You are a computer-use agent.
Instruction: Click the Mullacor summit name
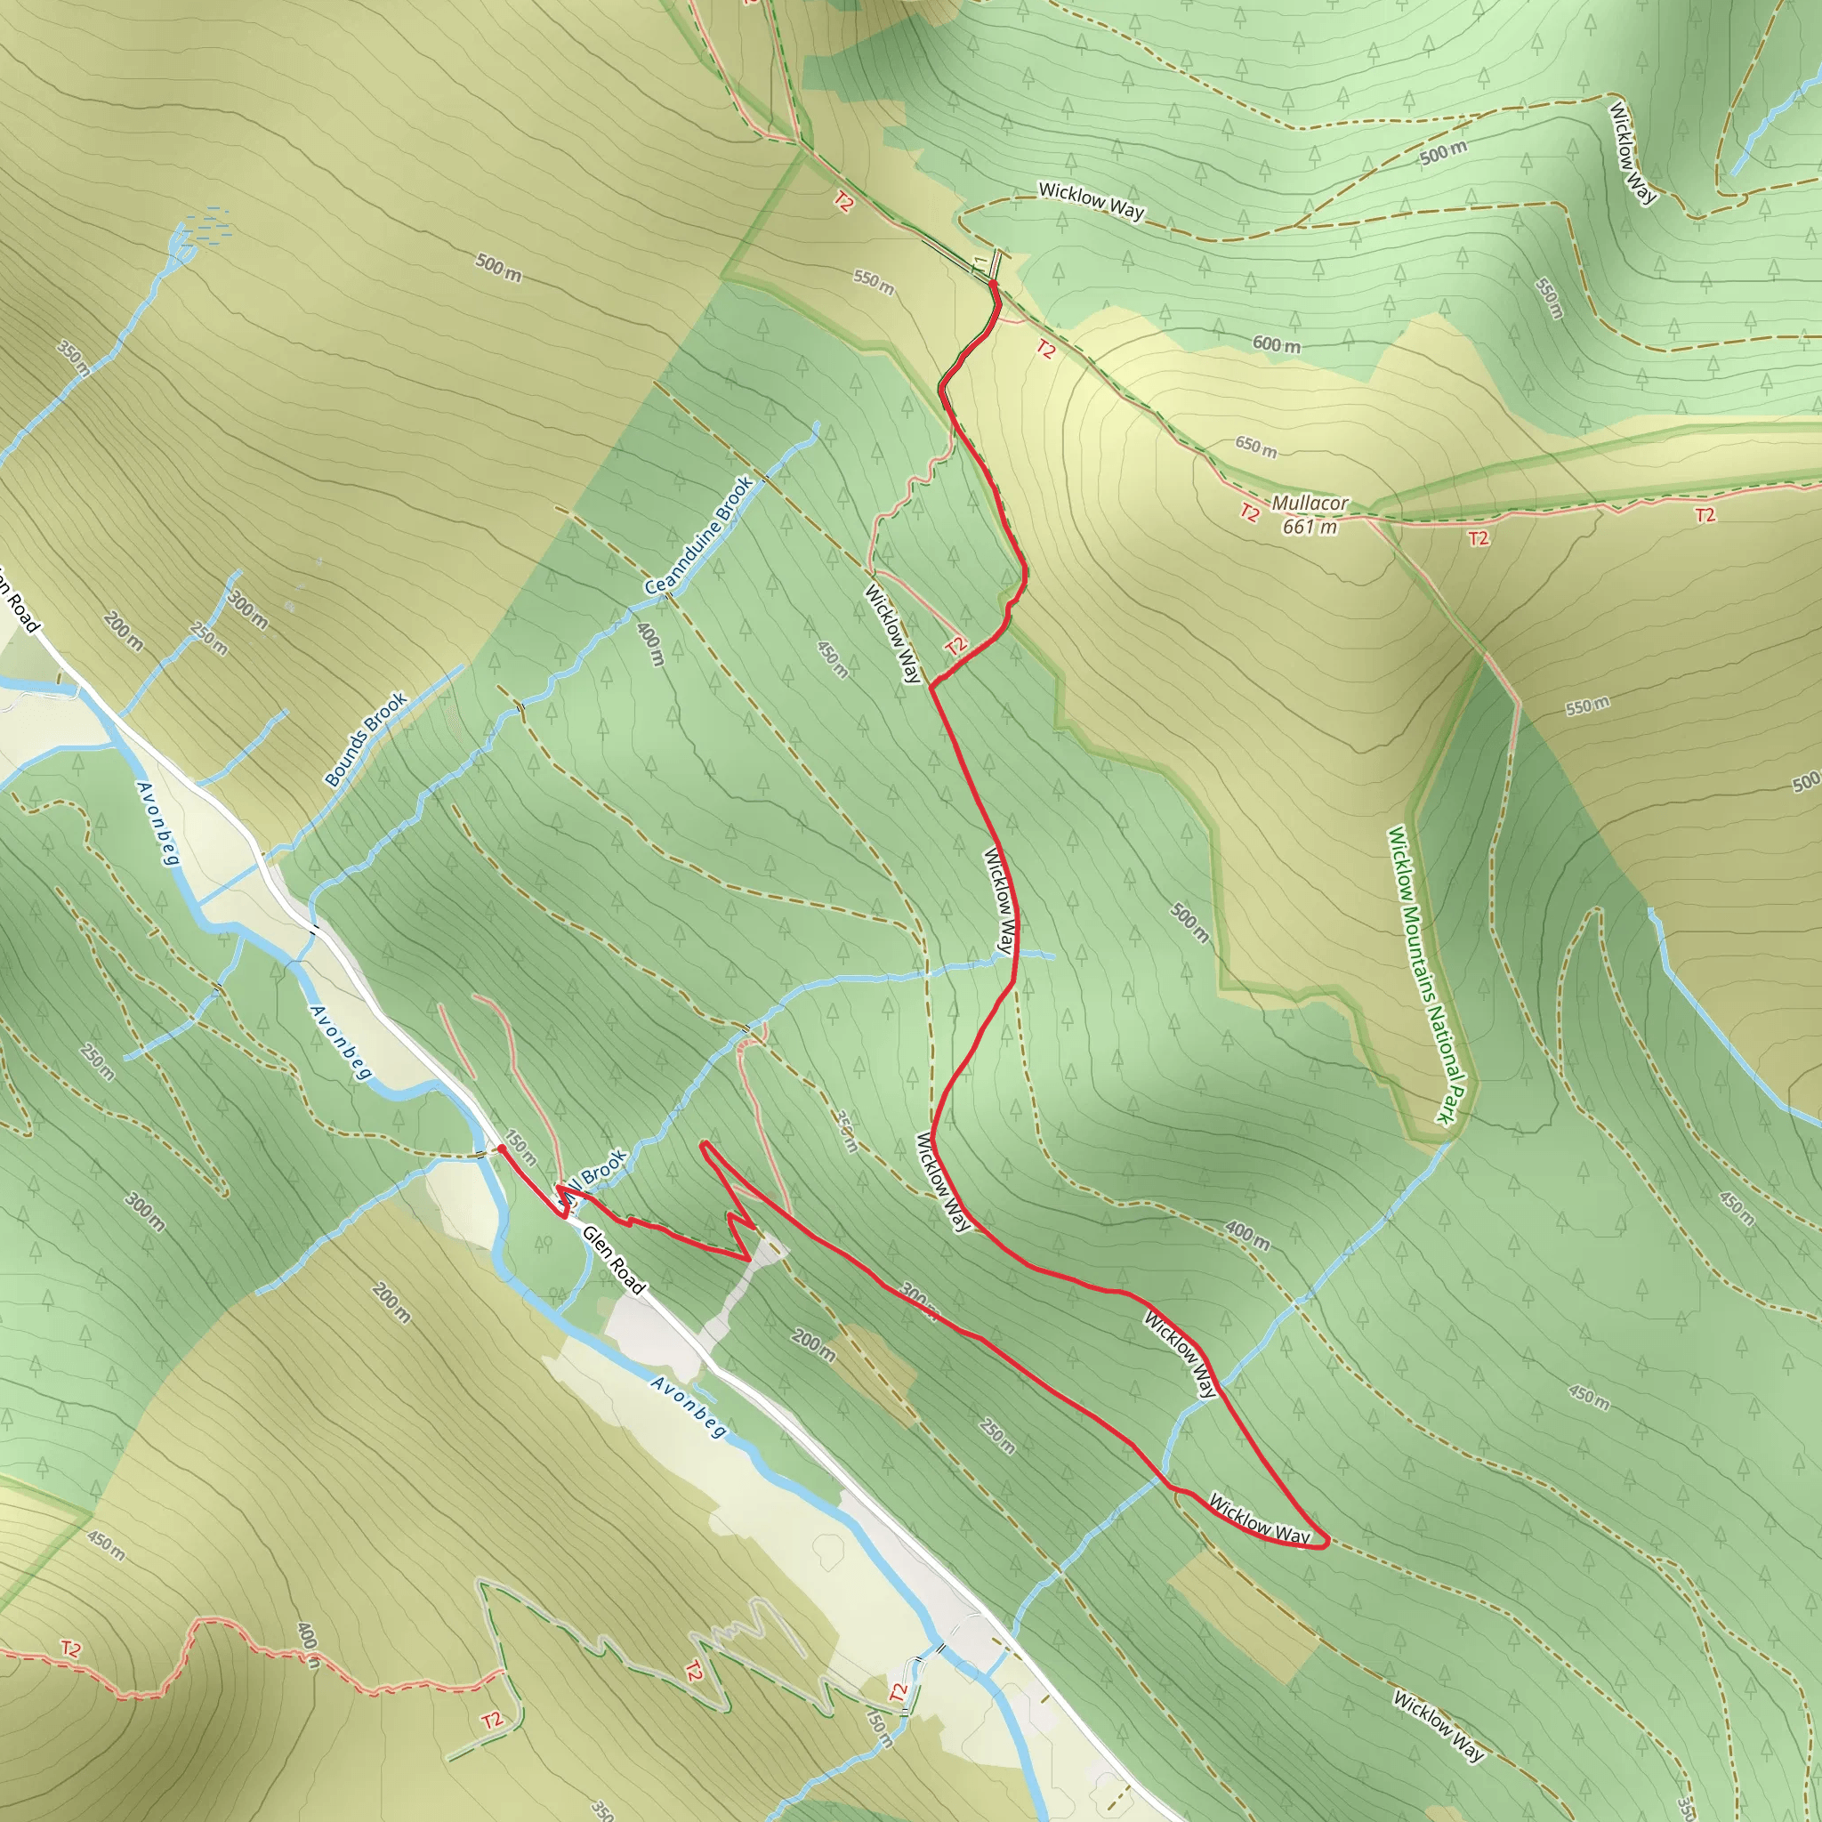click(x=1309, y=504)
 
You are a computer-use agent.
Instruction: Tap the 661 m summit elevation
click(x=1309, y=528)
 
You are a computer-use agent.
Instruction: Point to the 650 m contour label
click(x=1256, y=446)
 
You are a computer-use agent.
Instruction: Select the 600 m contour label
click(x=1276, y=345)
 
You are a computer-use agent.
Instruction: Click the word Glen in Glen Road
click(x=597, y=1242)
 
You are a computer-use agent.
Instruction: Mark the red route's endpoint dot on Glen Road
click(x=502, y=1149)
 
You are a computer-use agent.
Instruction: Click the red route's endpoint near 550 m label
click(x=993, y=282)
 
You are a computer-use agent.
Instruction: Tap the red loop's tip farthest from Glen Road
click(x=1325, y=1543)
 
